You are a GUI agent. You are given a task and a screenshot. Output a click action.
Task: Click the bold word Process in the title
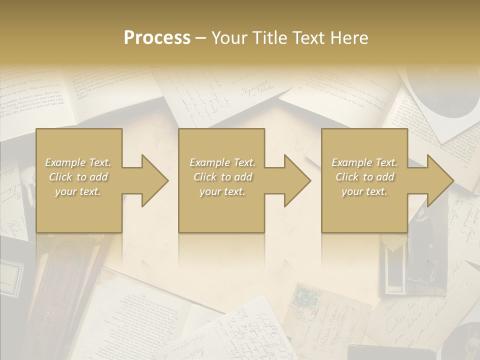tap(157, 38)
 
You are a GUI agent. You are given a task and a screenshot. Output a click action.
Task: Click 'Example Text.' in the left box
tap(78, 162)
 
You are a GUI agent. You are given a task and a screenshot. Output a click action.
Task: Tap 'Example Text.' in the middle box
tap(222, 162)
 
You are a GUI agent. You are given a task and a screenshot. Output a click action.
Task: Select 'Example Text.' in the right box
tap(364, 162)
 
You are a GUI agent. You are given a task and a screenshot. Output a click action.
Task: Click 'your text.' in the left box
tap(78, 191)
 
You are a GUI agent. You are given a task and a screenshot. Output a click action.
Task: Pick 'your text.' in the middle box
tap(222, 191)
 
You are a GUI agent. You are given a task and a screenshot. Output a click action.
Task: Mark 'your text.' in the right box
tap(364, 191)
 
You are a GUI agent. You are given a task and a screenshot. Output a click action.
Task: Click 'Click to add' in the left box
tap(78, 177)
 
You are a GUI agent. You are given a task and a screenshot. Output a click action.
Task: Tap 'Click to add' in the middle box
tap(222, 177)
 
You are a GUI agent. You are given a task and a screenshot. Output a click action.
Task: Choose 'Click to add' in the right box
tap(364, 177)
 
